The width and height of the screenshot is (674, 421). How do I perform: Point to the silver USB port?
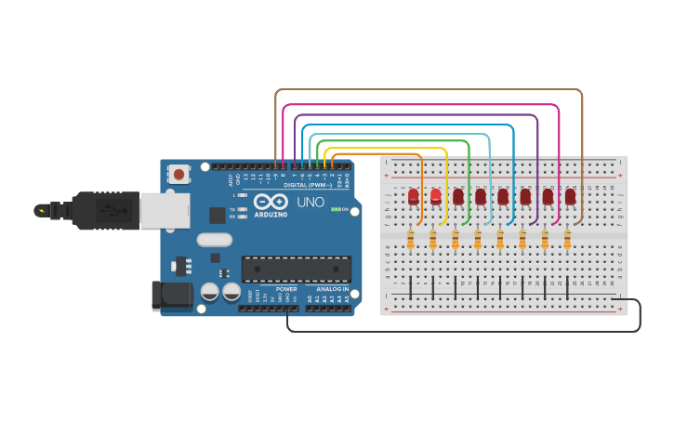point(165,210)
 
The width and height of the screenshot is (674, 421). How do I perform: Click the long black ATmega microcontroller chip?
point(297,269)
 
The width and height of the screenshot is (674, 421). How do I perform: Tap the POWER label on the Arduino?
point(286,289)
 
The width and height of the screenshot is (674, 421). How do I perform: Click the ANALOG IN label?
point(332,289)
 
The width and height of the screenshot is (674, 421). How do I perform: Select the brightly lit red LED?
point(435,196)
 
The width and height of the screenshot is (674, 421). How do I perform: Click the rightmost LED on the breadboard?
point(570,196)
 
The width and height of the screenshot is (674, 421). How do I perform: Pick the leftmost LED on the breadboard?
point(413,196)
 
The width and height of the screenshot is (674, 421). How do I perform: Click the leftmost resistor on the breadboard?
point(410,240)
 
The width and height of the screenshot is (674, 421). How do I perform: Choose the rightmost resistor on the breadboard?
point(567,240)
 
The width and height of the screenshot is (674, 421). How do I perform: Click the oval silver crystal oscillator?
point(215,240)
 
